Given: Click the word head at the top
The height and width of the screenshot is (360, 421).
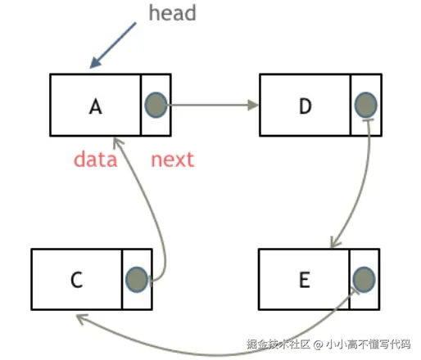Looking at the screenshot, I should [173, 13].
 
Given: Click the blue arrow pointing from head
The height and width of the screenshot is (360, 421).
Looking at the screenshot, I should [114, 44].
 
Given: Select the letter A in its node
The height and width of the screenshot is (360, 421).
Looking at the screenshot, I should [96, 106].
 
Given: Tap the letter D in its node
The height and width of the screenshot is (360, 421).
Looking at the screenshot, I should [306, 106].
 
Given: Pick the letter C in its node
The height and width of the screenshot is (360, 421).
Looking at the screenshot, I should [75, 279].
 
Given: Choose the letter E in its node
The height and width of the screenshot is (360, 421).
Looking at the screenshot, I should [304, 279].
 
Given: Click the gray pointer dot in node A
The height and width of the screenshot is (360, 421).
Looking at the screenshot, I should [156, 105].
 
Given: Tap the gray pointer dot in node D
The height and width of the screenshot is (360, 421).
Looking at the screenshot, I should [366, 105].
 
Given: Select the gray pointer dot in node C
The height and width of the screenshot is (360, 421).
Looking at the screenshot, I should [136, 279].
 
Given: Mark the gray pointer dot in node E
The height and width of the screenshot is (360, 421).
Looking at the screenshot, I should [364, 279].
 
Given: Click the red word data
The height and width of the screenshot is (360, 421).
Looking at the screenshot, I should [95, 159].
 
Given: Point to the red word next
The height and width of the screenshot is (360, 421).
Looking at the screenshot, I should [173, 159].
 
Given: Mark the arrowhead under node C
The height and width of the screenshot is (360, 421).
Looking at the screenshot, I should [80, 317].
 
